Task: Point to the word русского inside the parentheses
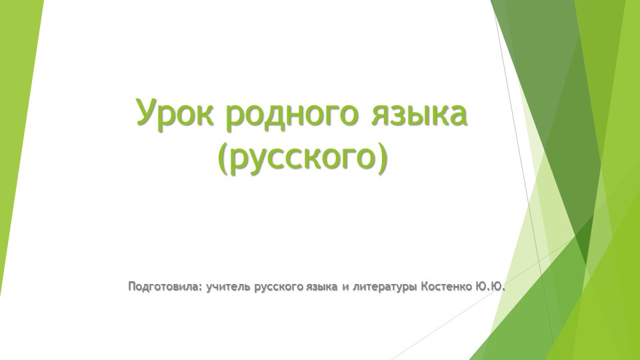303,161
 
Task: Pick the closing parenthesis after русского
381,160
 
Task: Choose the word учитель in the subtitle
228,288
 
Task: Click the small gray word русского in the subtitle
279,289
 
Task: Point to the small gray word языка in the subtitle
321,289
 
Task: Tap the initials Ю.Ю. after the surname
490,288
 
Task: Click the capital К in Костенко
425,288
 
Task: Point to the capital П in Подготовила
131,287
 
